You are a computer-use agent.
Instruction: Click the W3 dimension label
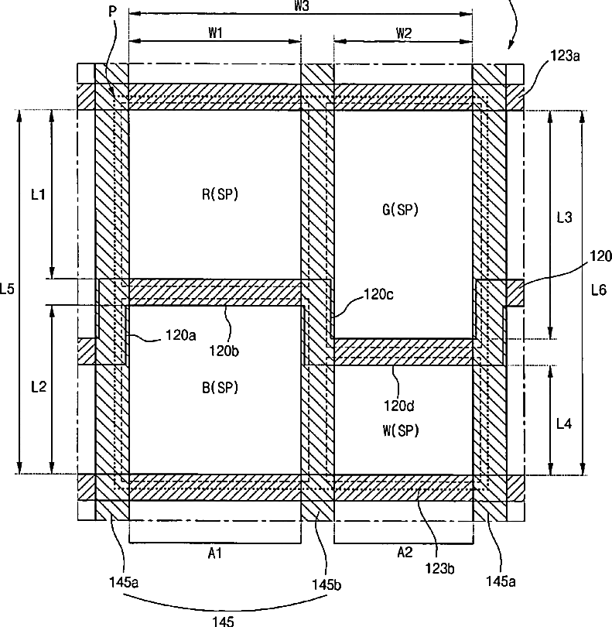(303, 5)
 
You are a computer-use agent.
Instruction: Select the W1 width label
(215, 33)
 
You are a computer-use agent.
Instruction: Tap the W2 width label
(403, 33)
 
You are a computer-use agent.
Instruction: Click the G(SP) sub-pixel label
(400, 210)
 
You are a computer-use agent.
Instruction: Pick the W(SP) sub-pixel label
(401, 431)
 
